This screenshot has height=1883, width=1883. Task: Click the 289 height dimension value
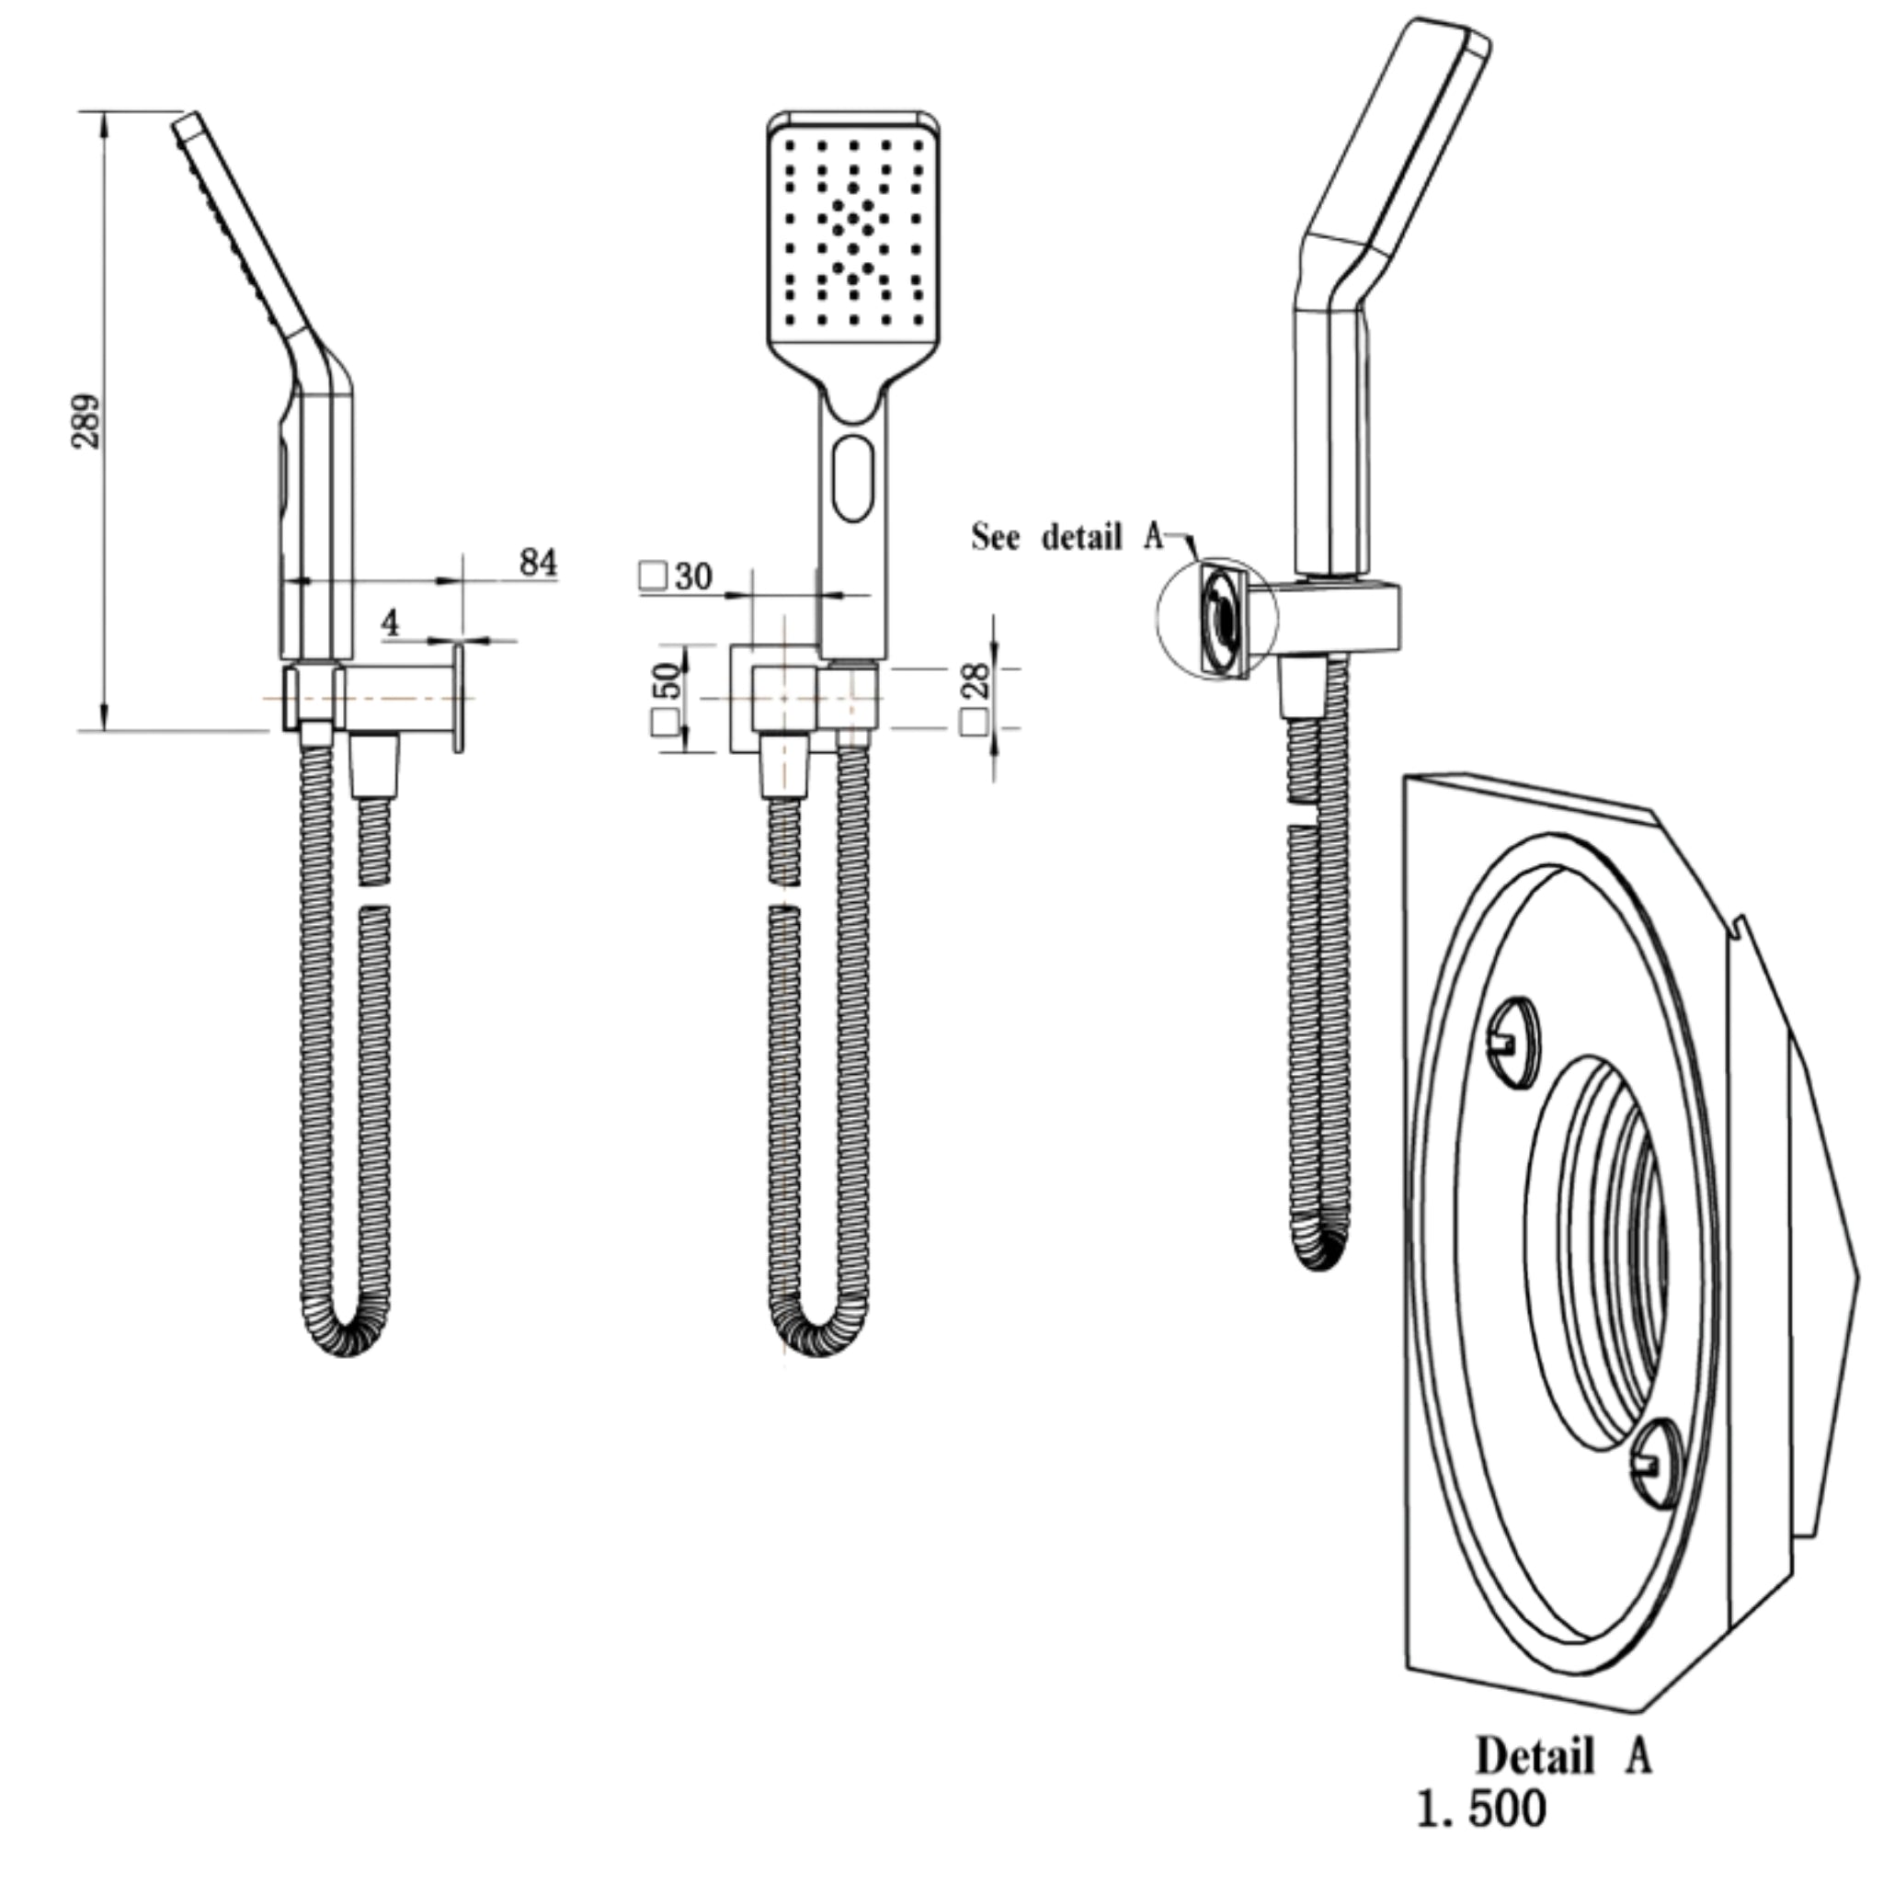coord(86,420)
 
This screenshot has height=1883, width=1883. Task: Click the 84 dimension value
coord(538,563)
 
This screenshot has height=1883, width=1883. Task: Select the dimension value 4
coord(391,622)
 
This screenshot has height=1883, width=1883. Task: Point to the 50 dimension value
coord(668,680)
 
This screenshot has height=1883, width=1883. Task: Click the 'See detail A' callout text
coord(1067,536)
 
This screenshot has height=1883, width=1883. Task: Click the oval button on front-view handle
coord(854,477)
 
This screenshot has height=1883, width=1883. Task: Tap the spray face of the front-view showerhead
coord(854,234)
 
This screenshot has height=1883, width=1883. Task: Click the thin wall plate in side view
coord(458,696)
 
